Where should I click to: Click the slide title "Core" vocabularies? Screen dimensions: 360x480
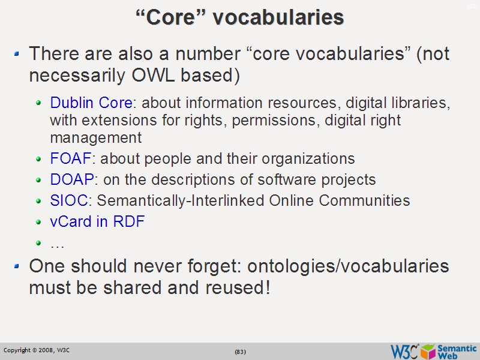[240, 17]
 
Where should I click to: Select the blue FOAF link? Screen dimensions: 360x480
[71, 159]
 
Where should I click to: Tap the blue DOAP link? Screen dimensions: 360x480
[72, 179]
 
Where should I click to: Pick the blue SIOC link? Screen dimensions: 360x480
[69, 200]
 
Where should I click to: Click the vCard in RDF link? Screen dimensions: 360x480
[97, 221]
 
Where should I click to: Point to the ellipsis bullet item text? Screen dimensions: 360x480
[57, 244]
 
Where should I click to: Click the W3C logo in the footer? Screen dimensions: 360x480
[404, 351]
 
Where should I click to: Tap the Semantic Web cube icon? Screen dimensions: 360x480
[428, 351]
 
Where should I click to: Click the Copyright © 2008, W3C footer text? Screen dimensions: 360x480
[37, 350]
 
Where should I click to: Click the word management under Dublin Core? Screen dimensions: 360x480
[95, 137]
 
